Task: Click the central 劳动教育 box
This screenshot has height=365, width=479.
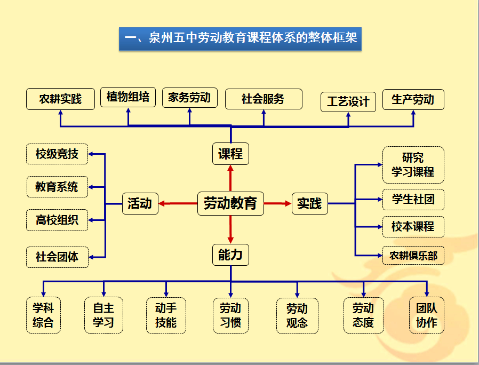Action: pyautogui.click(x=230, y=203)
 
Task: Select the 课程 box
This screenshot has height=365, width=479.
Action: pyautogui.click(x=230, y=154)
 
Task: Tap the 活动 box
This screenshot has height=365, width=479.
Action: pyautogui.click(x=140, y=203)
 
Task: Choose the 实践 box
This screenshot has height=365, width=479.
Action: pyautogui.click(x=309, y=203)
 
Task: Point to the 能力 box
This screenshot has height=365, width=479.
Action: pyautogui.click(x=230, y=255)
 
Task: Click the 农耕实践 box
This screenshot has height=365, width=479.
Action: pyautogui.click(x=60, y=99)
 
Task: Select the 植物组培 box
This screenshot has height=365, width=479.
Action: pyautogui.click(x=128, y=97)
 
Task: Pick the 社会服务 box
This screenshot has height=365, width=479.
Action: pyautogui.click(x=264, y=99)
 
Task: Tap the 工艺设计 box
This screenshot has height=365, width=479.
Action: pyautogui.click(x=348, y=102)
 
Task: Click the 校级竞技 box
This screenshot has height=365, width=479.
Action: pyautogui.click(x=57, y=154)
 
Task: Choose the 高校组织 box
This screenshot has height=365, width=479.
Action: pyautogui.click(x=57, y=220)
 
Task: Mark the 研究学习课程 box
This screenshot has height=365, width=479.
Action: pyautogui.click(x=413, y=165)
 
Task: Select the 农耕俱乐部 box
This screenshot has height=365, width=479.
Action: pyautogui.click(x=413, y=256)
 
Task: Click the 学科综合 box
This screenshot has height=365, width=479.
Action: pyautogui.click(x=43, y=315)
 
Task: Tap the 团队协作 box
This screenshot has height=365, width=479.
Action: pyautogui.click(x=427, y=315)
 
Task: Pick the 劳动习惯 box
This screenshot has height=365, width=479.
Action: pyautogui.click(x=230, y=315)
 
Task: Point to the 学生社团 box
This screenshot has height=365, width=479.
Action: pyautogui.click(x=413, y=200)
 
